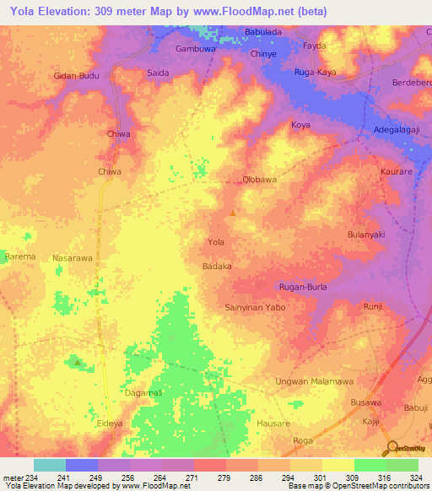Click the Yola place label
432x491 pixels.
(x=216, y=242)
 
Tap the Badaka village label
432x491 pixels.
(x=217, y=266)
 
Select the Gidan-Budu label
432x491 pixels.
(x=77, y=76)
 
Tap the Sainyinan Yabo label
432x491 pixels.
(x=255, y=308)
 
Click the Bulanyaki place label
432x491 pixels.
(x=366, y=235)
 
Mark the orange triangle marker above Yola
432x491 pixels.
(x=233, y=212)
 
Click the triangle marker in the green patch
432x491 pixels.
(x=78, y=362)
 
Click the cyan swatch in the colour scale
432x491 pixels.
(x=50, y=465)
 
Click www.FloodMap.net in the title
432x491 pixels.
(x=249, y=11)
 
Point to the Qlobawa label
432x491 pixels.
(x=260, y=180)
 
